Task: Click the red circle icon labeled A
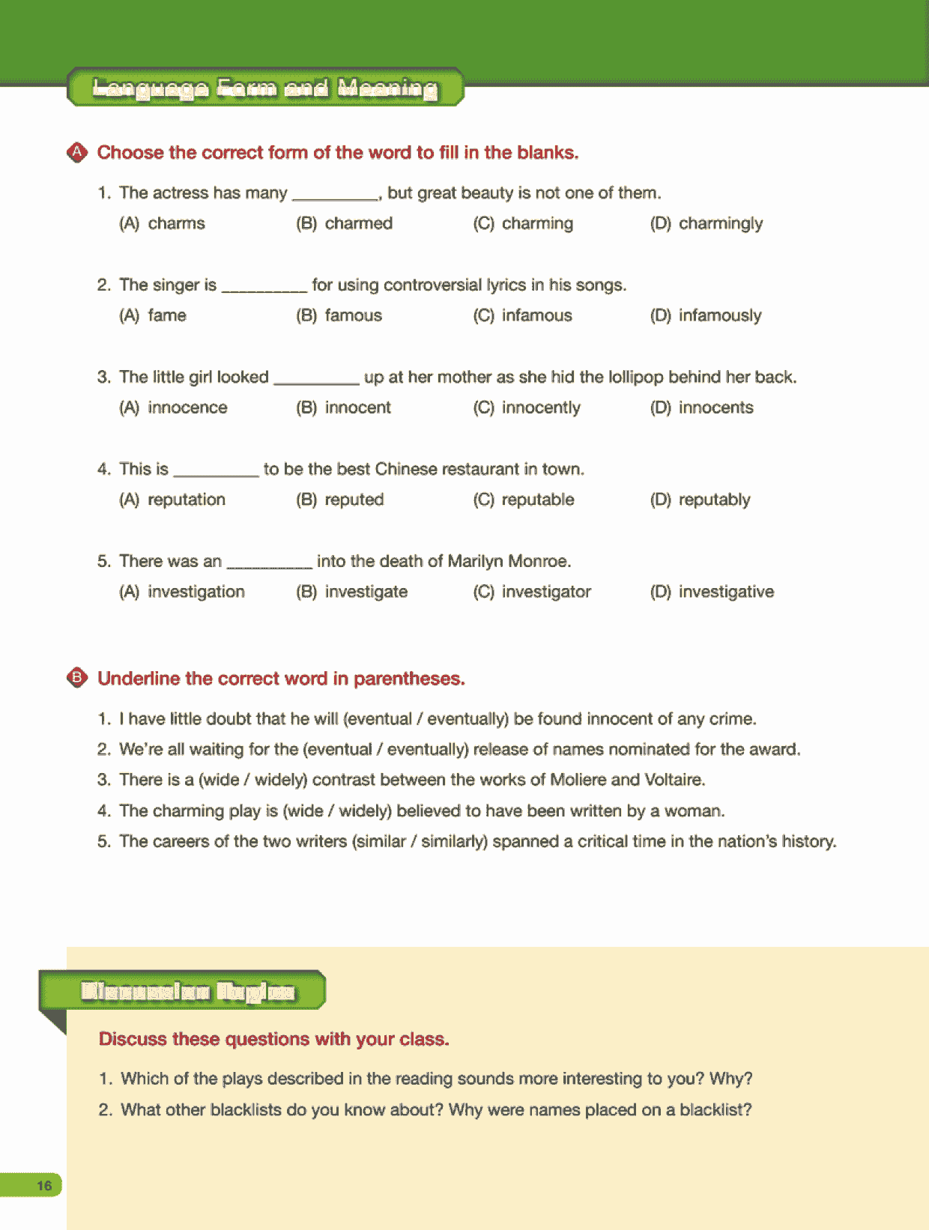tap(77, 153)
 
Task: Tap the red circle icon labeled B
tap(77, 679)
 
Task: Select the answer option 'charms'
tap(176, 223)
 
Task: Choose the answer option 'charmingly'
tap(720, 223)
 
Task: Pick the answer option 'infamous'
tap(536, 315)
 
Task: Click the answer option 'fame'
tap(166, 315)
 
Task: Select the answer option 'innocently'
tap(540, 408)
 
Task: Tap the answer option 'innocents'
tap(715, 408)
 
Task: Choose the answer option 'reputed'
tap(354, 500)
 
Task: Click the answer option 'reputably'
tap(714, 500)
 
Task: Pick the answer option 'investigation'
tap(196, 592)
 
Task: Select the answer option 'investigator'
tap(545, 592)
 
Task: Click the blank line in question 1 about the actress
tap(335, 197)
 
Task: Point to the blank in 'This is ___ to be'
tap(216, 473)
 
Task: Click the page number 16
tap(44, 1185)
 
